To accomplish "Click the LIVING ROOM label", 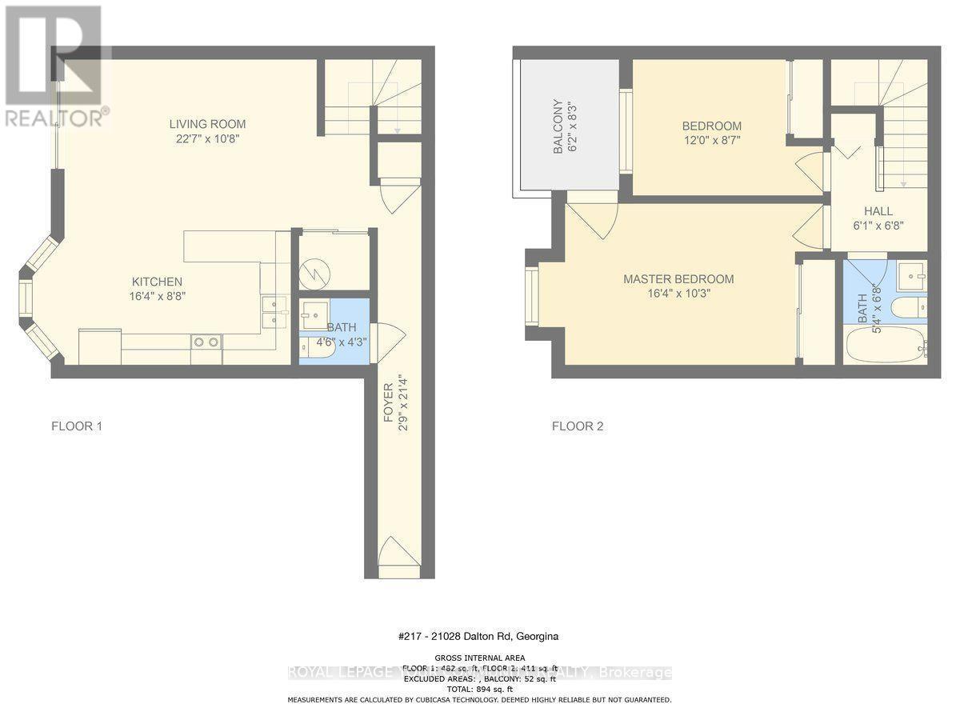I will tap(207, 124).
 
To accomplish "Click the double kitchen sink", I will tap(274, 312).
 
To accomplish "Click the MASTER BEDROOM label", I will tap(678, 279).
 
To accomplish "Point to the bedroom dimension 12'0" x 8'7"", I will tap(711, 140).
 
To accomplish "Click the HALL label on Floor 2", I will tap(878, 211).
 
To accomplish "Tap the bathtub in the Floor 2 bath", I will tap(886, 346).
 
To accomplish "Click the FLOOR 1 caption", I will tap(77, 426).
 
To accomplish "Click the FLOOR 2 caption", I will tap(578, 426).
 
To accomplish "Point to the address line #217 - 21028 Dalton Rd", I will tap(478, 637).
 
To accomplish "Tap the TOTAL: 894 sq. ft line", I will tap(479, 689).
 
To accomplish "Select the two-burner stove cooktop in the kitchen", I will tap(206, 342).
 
